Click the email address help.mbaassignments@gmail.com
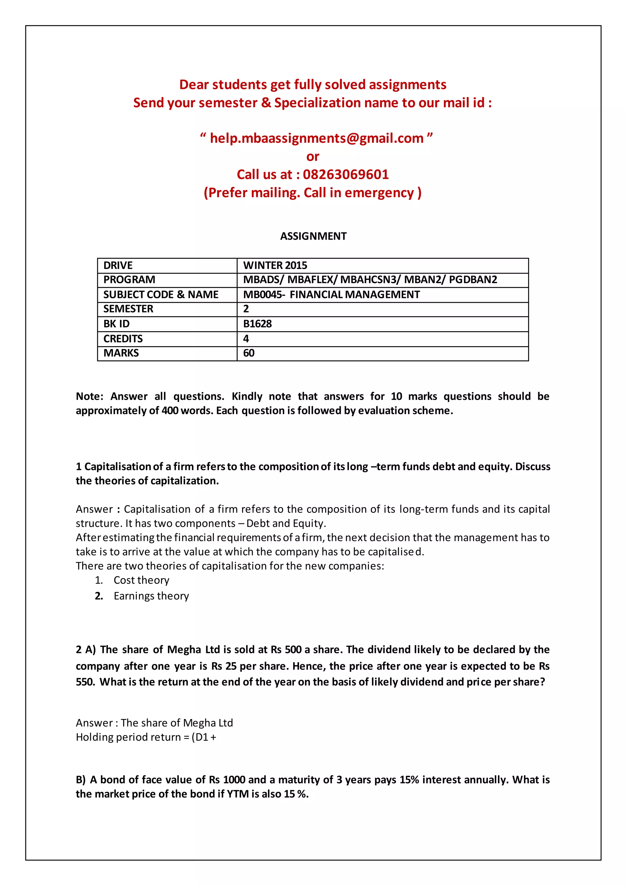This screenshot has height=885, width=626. tap(316, 138)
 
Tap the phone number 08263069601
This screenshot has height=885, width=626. tap(346, 174)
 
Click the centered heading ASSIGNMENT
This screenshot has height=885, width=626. tap(313, 236)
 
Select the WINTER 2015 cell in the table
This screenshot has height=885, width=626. tap(275, 266)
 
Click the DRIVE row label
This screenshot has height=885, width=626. tap(118, 266)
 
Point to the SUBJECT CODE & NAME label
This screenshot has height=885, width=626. tap(161, 295)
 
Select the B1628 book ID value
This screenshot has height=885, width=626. tap(257, 324)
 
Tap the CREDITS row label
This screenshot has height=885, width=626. tap(123, 339)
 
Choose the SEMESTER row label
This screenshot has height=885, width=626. tap(128, 309)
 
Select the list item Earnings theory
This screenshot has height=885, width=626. tap(151, 596)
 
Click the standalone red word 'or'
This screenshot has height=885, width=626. tap(313, 157)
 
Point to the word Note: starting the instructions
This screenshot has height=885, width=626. tap(90, 397)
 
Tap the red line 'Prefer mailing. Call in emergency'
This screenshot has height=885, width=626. tap(313, 193)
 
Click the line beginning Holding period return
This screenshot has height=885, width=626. tap(146, 737)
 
